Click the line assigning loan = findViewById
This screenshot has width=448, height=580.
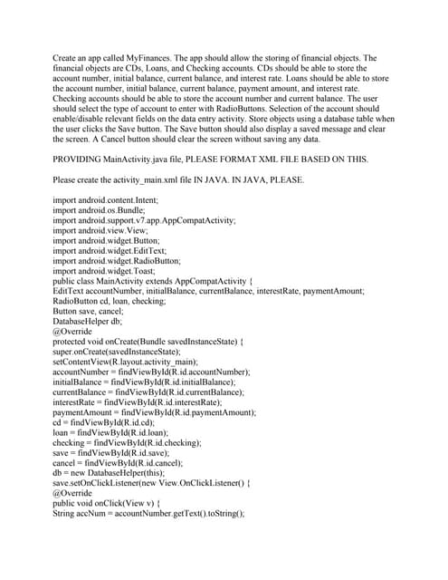[x=114, y=431]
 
